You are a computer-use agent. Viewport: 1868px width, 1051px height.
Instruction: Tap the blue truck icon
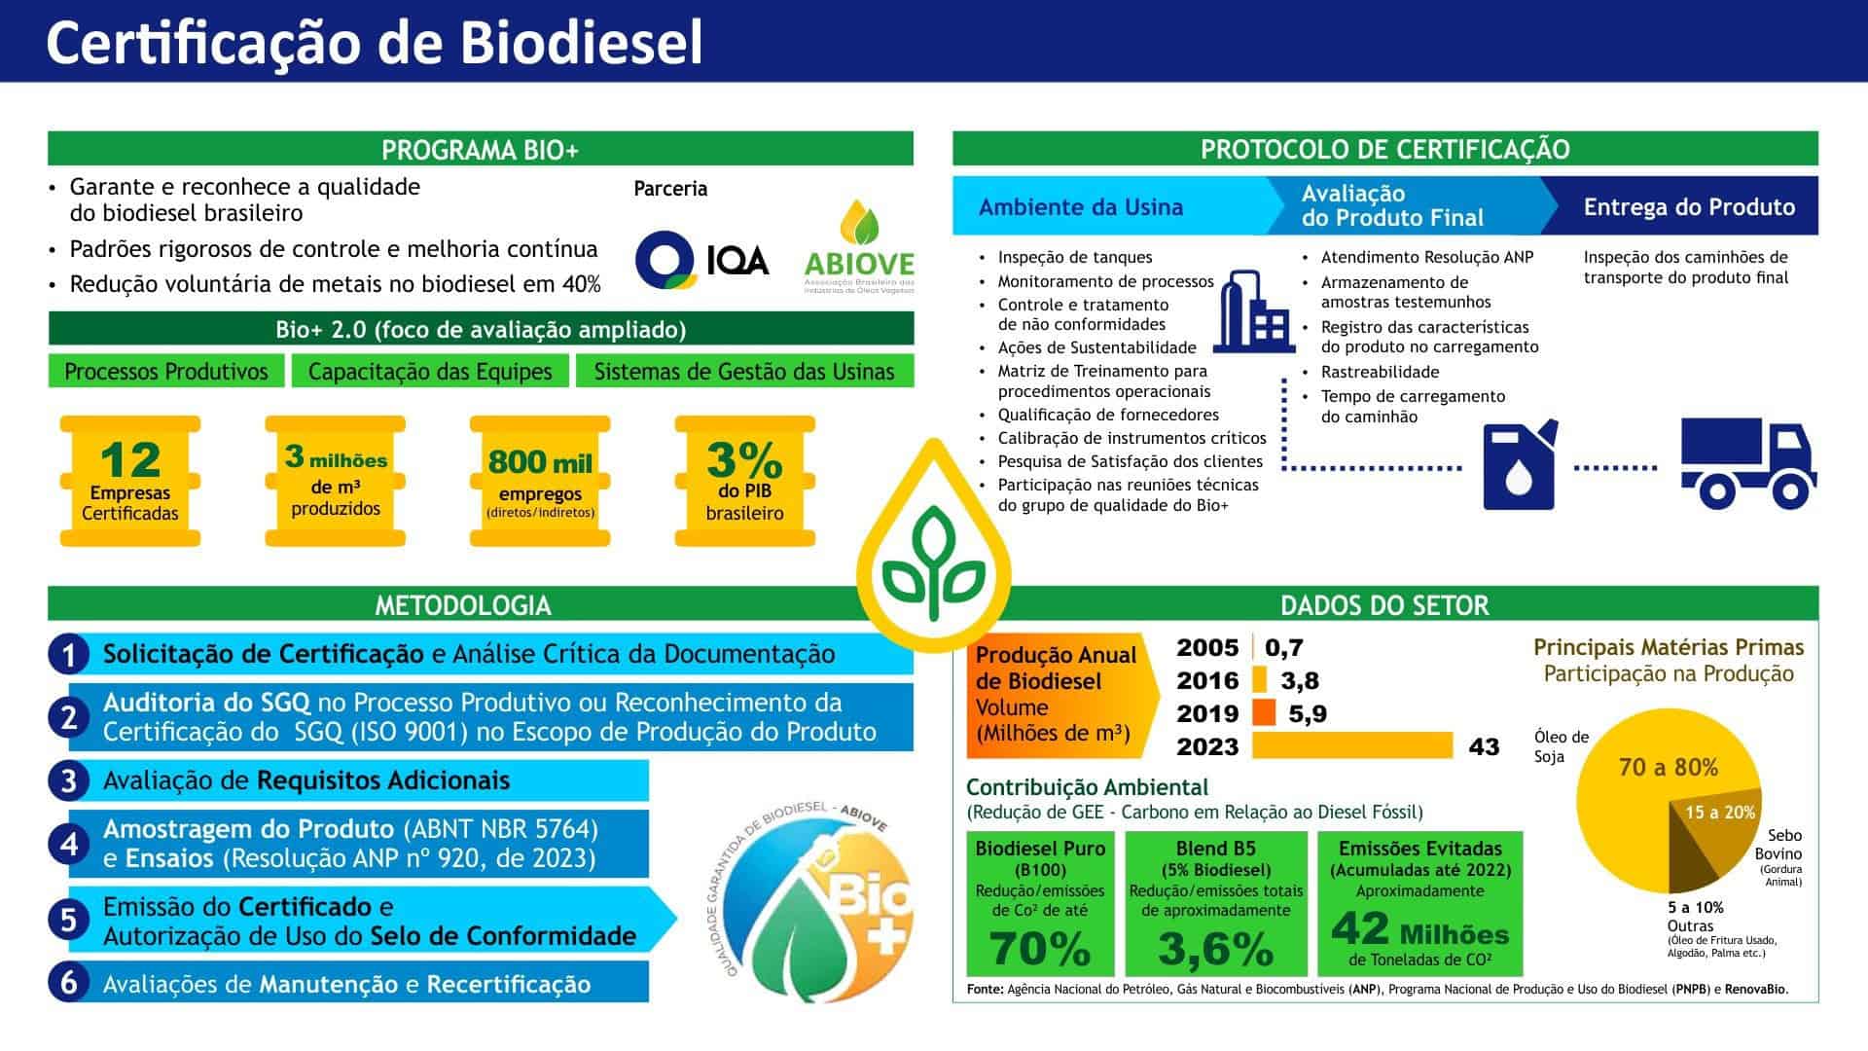[1748, 464]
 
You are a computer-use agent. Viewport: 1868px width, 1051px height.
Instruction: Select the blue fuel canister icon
[1519, 464]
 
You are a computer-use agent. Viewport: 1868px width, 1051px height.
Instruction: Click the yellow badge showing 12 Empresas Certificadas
[130, 482]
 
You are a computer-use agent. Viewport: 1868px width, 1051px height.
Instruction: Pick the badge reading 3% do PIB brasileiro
[744, 482]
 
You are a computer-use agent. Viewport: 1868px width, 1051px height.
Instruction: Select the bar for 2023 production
[1352, 746]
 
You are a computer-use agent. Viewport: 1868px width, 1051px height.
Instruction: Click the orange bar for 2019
[1264, 713]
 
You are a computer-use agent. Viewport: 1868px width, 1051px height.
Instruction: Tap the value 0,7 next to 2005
[1284, 647]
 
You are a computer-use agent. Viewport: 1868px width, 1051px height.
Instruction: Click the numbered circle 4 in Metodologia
[68, 844]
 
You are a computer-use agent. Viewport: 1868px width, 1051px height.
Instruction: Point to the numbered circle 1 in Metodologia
[68, 655]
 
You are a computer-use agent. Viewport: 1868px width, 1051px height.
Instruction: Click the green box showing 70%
[1040, 904]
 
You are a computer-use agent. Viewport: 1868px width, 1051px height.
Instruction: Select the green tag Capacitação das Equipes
[430, 371]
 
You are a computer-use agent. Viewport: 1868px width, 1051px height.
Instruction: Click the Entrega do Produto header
[1688, 206]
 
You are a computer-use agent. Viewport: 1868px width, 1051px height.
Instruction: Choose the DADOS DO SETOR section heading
[1384, 605]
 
